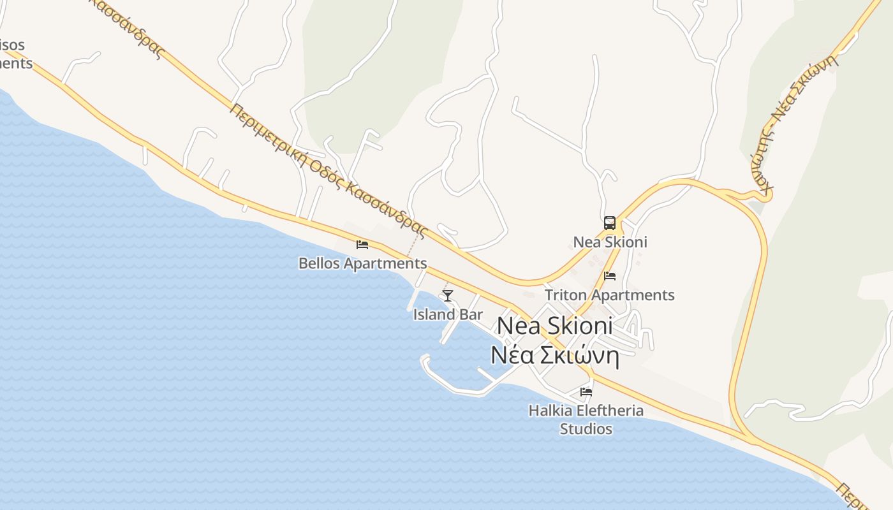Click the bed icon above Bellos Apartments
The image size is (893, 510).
click(362, 244)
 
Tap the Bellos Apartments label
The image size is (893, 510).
click(362, 263)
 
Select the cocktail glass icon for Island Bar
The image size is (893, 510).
click(448, 295)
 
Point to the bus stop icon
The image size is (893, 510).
click(610, 223)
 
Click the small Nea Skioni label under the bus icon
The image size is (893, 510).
click(610, 242)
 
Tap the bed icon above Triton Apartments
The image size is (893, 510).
click(610, 276)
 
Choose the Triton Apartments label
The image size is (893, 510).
click(609, 295)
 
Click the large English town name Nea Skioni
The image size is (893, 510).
click(554, 326)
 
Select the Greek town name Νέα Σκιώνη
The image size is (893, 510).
click(554, 355)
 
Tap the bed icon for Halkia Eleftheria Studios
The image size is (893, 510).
click(586, 391)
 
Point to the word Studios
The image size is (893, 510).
click(586, 429)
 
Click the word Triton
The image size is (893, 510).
click(566, 295)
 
